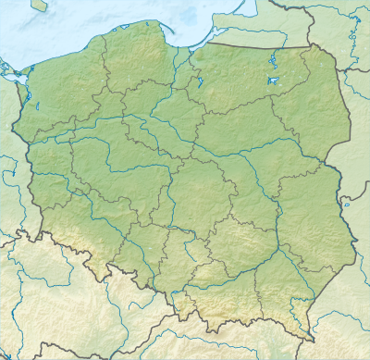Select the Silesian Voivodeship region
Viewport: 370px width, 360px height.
click(173, 264)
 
